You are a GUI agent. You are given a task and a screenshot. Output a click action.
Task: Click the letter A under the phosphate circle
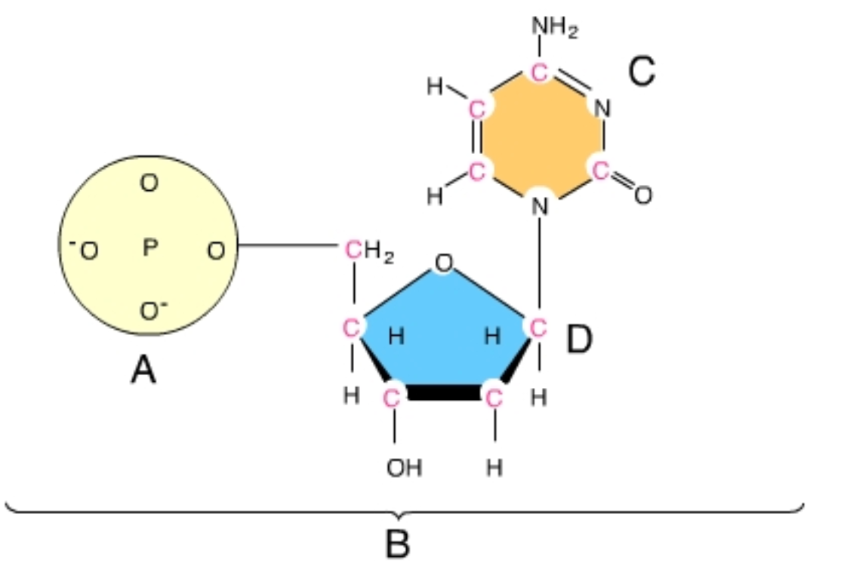pos(143,370)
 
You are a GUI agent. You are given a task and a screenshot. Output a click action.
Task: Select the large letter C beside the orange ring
pos(641,73)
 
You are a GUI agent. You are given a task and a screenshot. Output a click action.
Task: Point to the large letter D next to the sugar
pos(579,340)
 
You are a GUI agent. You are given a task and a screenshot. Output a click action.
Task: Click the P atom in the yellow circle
pos(149,248)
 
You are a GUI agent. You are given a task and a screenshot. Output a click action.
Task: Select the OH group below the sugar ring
pos(404,469)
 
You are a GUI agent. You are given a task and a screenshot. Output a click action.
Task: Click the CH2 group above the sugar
pos(369,250)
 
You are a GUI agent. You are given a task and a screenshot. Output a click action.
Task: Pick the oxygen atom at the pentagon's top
pos(444,263)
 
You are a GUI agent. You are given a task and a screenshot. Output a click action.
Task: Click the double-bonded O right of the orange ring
pos(642,195)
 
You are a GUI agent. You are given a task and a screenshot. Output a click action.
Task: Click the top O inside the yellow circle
pos(149,183)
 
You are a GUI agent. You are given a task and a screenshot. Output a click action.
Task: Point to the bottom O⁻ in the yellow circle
pos(150,310)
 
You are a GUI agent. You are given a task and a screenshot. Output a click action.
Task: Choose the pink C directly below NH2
pos(539,73)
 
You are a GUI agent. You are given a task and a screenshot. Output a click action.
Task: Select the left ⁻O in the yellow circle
pos(86,250)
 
